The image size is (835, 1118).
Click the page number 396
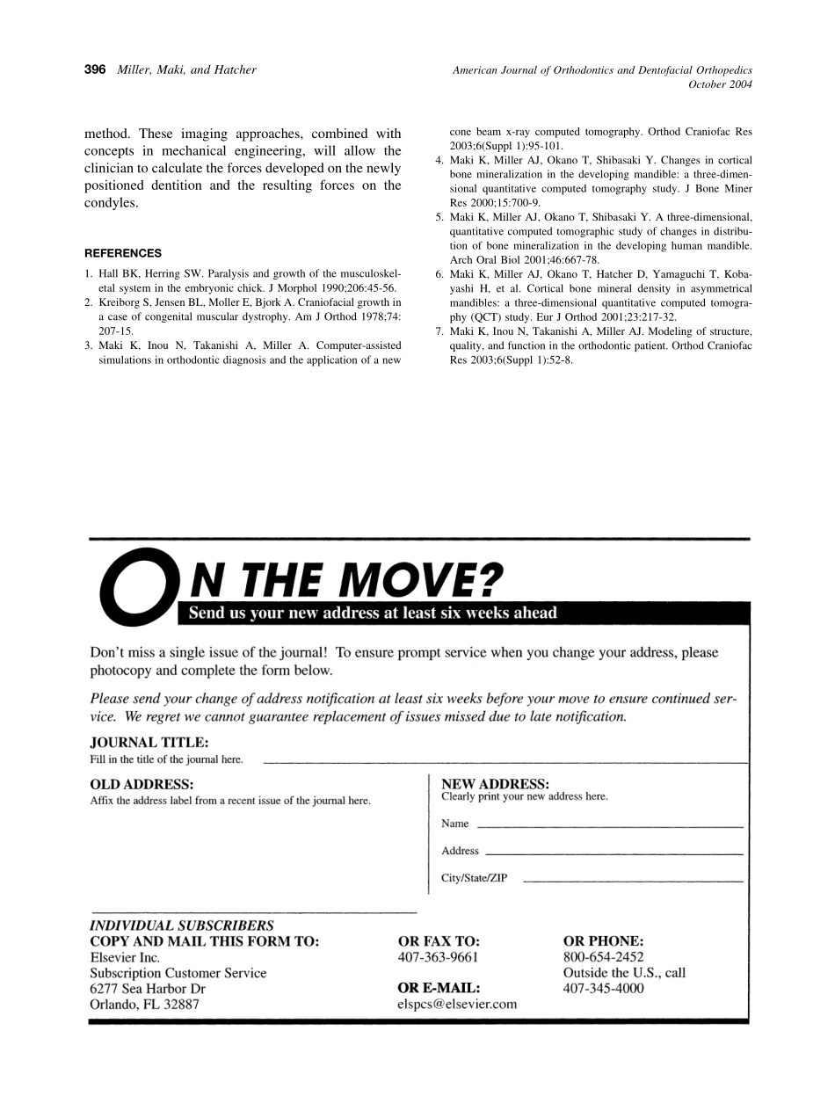[95, 69]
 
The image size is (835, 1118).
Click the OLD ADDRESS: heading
[142, 783]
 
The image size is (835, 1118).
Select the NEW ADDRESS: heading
[496, 783]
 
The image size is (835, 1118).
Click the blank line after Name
[609, 827]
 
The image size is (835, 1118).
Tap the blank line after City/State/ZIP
[633, 881]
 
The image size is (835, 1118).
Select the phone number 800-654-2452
[603, 957]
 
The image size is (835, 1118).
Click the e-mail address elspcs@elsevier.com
[457, 1004]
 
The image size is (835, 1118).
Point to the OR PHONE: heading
[603, 940]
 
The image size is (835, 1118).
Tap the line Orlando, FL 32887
[144, 1004]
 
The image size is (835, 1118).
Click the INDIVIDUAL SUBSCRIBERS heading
[182, 926]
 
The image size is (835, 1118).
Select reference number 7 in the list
[439, 331]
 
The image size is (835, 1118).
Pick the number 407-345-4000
[603, 988]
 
